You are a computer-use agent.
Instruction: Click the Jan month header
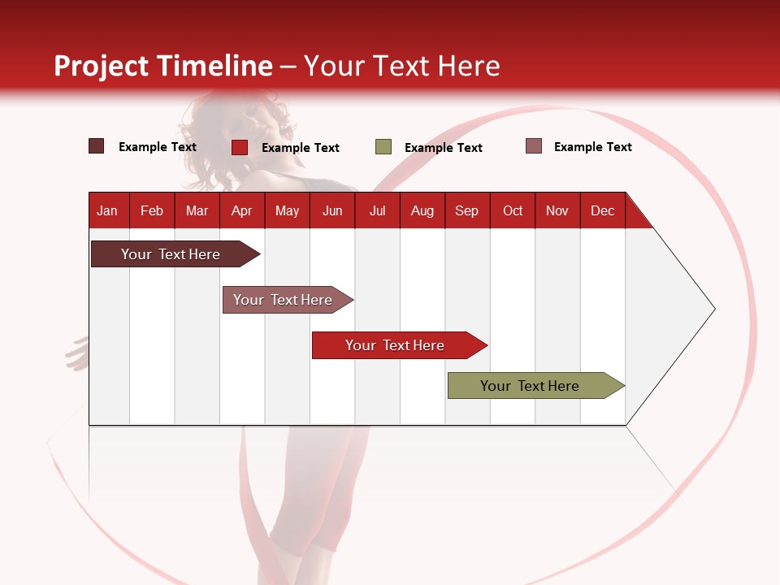(107, 210)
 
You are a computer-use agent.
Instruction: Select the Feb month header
(152, 210)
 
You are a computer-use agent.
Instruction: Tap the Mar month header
(197, 210)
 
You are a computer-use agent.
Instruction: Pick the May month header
(287, 210)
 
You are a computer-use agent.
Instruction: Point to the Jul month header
(377, 210)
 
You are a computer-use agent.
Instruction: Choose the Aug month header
(422, 210)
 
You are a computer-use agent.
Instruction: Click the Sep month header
(467, 210)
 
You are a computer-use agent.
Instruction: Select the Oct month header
(513, 210)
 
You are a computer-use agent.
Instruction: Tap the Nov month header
(557, 210)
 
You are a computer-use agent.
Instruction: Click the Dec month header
(603, 210)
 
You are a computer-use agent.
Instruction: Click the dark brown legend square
(97, 146)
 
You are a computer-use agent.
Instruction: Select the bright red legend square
(240, 147)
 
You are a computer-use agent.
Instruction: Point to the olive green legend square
(383, 147)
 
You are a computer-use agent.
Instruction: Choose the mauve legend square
(534, 146)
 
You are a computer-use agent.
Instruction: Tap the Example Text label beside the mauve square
(592, 147)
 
